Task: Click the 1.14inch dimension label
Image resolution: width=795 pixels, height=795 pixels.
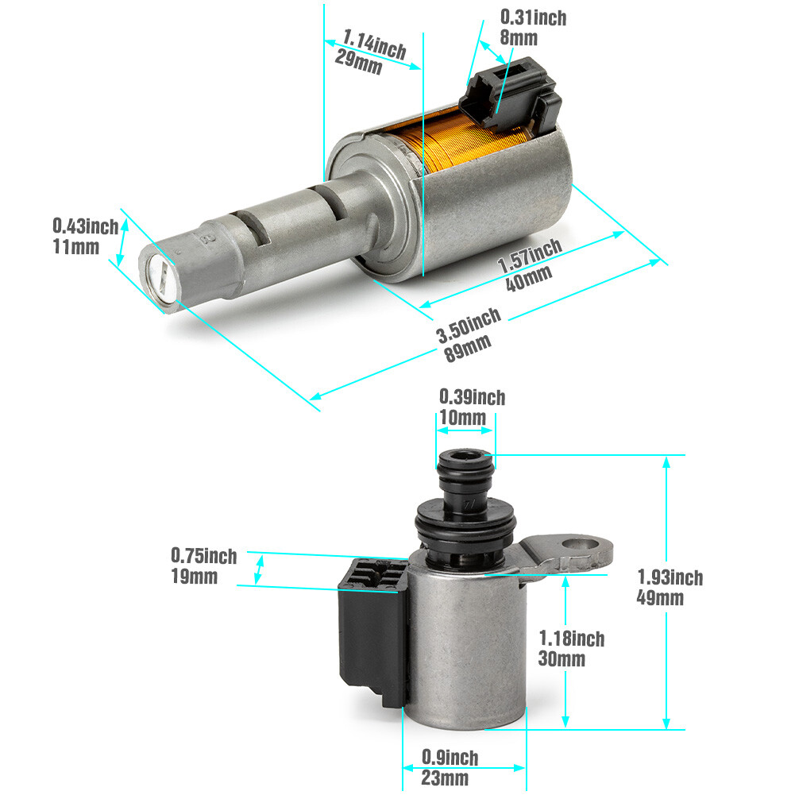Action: pos(374,44)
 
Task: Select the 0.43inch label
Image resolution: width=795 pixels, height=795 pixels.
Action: pos(85,226)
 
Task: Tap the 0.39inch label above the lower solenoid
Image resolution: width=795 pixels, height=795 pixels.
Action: pos(472,396)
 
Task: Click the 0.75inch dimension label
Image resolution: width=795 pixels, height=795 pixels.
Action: pos(203,555)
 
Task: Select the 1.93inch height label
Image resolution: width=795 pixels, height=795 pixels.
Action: pos(669,577)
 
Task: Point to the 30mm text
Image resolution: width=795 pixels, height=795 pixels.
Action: pos(562,658)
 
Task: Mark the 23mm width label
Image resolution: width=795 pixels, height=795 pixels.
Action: pos(445,778)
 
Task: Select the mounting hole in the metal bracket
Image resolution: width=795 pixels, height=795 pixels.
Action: pos(581,546)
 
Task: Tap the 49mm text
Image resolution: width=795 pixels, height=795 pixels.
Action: pos(660,598)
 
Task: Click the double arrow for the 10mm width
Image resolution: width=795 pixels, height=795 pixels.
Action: pos(465,431)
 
